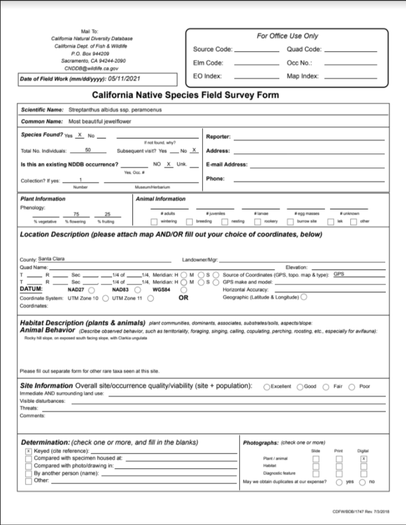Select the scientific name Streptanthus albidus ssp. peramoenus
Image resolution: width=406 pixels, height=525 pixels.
115,110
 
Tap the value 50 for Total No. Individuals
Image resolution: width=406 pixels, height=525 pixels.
88,151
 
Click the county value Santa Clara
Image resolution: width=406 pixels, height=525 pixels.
51,259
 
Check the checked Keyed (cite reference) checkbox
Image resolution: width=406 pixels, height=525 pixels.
28,451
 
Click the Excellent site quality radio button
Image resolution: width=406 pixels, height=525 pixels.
267,387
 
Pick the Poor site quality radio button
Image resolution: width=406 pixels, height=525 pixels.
352,387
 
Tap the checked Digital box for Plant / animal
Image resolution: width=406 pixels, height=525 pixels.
364,459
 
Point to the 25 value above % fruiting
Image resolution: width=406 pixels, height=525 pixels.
108,214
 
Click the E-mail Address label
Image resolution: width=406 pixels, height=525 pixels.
227,165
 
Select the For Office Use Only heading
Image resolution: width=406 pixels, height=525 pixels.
287,35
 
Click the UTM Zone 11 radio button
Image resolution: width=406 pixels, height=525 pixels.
151,298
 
